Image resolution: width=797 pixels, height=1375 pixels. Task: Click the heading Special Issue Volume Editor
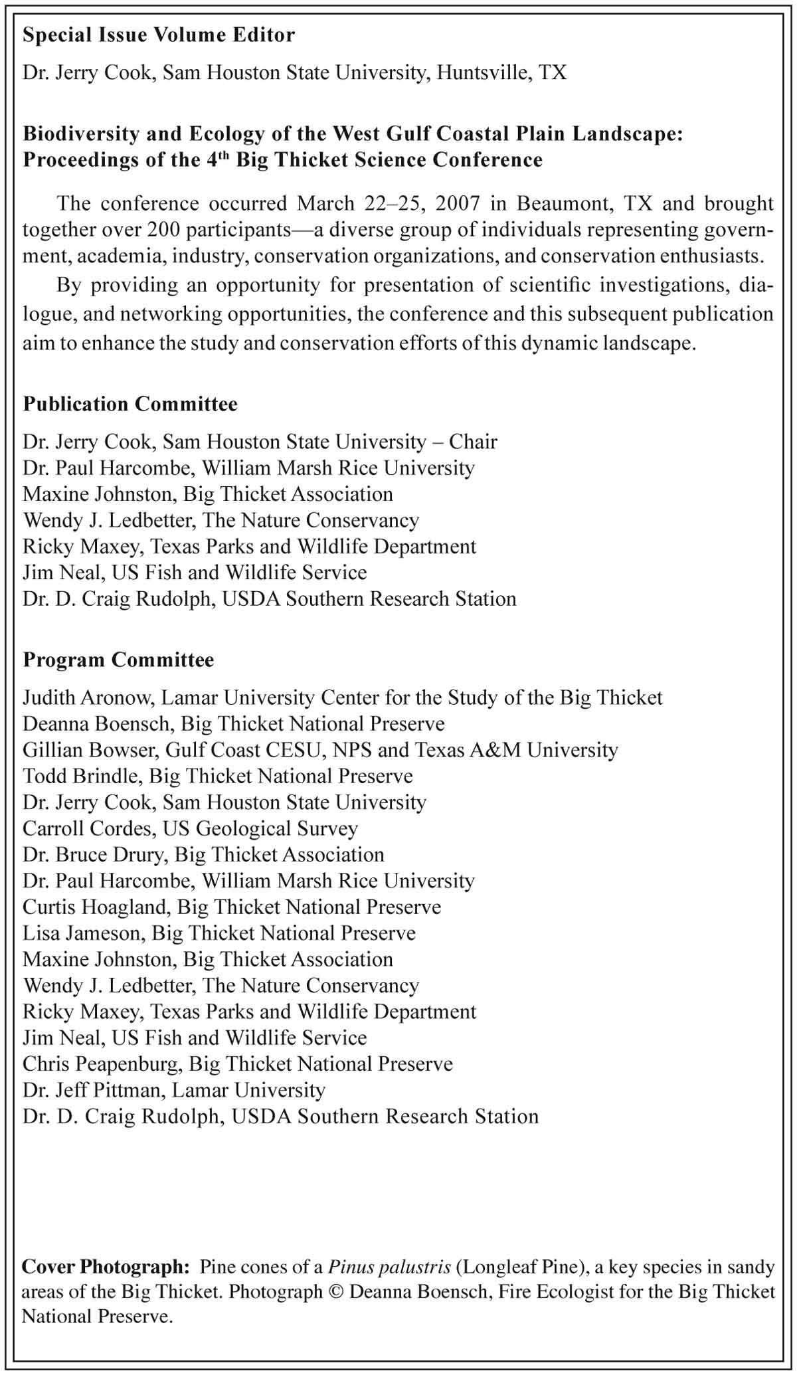pos(159,35)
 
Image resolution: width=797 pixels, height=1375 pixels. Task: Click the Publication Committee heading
pos(130,404)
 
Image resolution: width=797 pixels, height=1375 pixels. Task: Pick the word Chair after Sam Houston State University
pos(473,442)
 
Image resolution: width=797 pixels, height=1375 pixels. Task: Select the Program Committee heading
pos(118,660)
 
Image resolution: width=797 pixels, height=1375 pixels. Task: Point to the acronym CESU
pos(296,750)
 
